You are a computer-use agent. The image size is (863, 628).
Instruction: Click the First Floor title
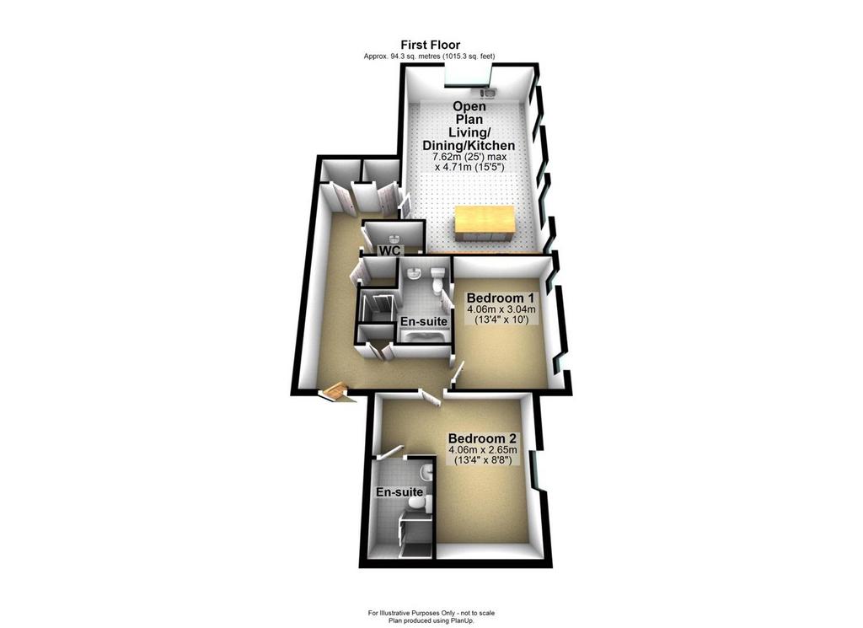431,45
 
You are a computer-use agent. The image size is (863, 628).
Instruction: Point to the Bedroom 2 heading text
483,438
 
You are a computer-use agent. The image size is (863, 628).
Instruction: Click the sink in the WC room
394,239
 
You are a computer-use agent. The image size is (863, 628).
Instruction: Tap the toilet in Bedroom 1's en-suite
438,280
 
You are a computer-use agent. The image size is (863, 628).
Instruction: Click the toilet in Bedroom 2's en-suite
418,503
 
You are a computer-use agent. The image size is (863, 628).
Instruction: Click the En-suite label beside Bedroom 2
399,492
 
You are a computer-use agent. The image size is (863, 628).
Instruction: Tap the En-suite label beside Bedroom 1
423,321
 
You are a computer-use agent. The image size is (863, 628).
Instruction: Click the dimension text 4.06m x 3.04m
501,310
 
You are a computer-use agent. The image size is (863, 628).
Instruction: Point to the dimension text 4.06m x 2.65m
483,450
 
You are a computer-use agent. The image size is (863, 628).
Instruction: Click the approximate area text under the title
429,56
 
